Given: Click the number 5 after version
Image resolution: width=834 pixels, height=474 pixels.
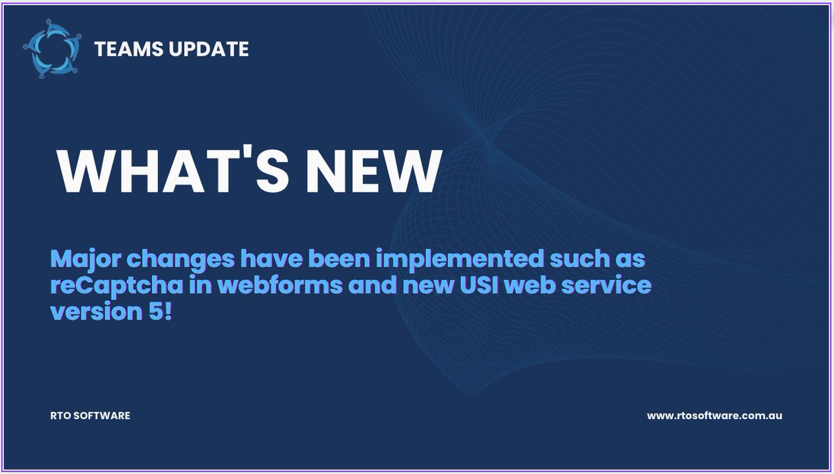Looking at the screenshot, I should click(x=153, y=311).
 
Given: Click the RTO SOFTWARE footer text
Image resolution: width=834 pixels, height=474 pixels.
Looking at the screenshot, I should click(x=86, y=416).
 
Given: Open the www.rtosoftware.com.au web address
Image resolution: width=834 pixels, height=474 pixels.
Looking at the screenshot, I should click(x=714, y=416).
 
